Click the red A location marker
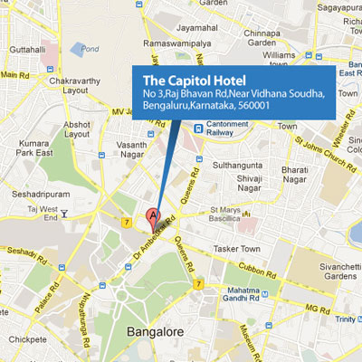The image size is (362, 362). click(153, 217)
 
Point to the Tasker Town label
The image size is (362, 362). click(238, 249)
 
